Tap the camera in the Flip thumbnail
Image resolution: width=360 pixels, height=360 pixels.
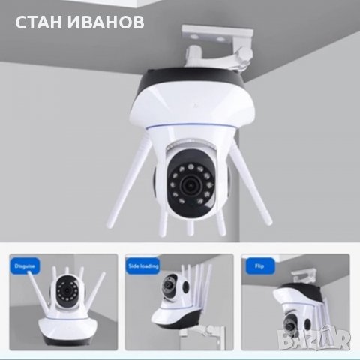point(301,307)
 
